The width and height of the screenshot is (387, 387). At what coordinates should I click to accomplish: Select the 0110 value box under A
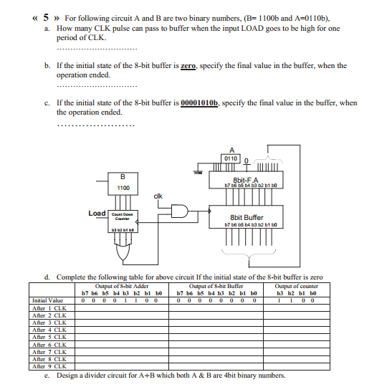click(231, 158)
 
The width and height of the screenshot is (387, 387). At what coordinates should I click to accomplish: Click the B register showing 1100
click(123, 183)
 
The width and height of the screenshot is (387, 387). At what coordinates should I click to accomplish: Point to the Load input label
click(97, 214)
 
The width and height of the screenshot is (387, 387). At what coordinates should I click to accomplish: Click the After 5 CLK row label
click(49, 335)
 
